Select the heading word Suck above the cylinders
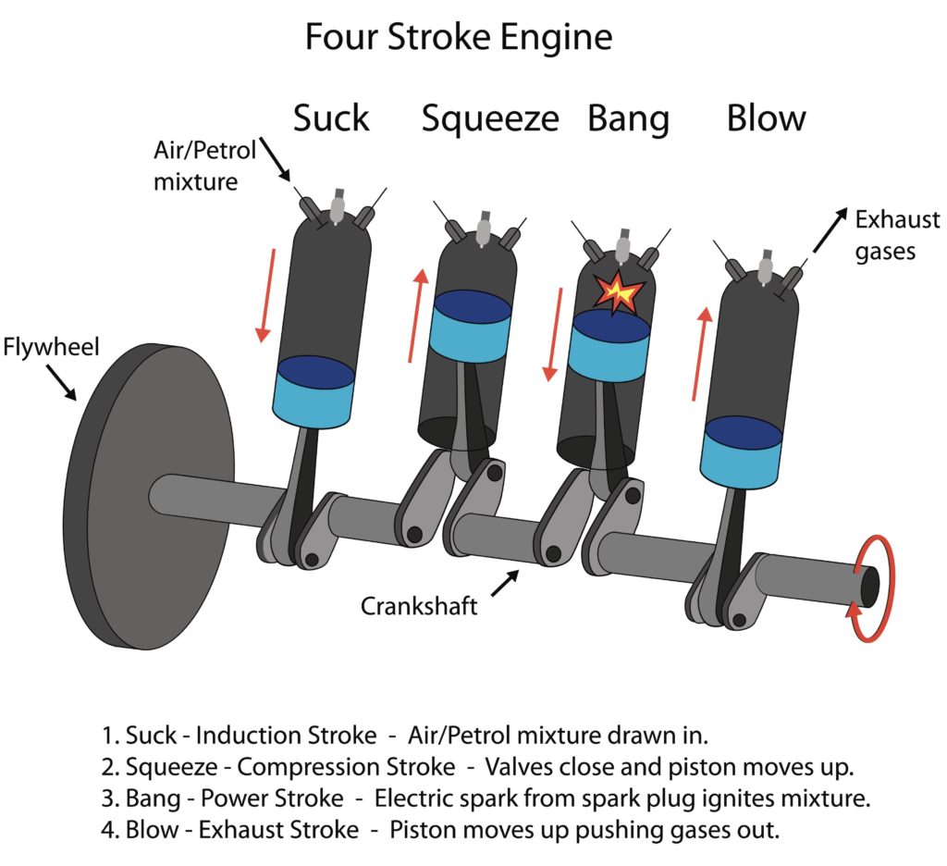pos(331,118)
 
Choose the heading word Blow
pos(766,118)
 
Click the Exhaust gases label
pos(896,235)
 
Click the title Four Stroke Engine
pos(458,38)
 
